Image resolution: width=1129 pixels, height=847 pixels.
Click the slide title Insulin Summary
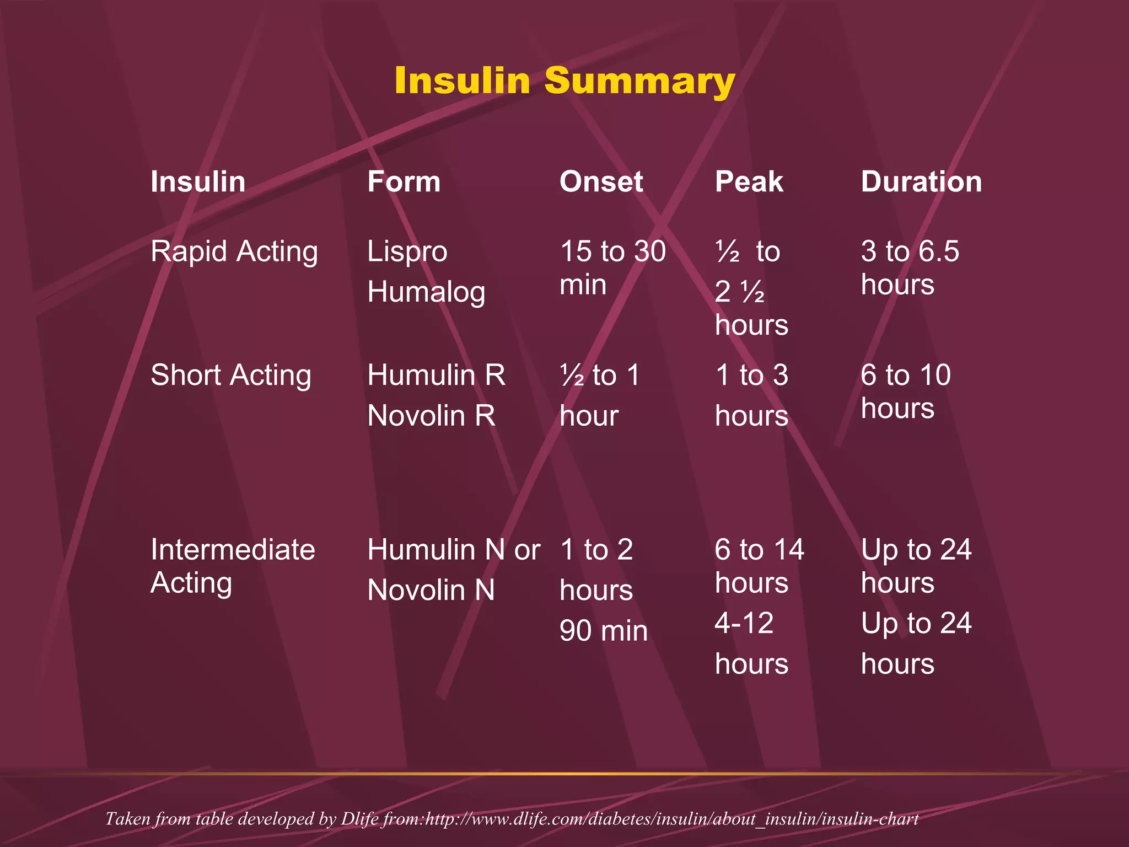point(564,81)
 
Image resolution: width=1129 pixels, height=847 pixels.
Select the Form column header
point(404,181)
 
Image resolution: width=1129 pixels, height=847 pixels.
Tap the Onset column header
point(601,181)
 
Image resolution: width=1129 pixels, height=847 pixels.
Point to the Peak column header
point(749,181)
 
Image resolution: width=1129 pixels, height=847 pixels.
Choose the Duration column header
point(921,181)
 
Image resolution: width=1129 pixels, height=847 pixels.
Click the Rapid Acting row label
point(234,251)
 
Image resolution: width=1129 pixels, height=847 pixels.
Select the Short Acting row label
point(231,375)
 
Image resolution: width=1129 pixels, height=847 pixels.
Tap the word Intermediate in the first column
point(233,550)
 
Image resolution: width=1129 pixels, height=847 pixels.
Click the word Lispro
point(407,251)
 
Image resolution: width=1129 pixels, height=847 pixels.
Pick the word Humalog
point(426,292)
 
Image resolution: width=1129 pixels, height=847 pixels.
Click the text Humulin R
point(436,375)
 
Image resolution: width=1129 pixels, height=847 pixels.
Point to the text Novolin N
point(431,590)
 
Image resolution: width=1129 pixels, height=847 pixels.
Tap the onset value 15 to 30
point(612,251)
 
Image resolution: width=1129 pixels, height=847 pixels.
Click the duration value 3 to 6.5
point(910,251)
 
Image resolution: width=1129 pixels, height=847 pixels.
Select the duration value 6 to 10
point(905,375)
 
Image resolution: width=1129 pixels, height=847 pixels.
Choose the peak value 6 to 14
point(759,550)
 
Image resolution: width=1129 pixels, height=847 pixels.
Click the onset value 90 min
point(603,630)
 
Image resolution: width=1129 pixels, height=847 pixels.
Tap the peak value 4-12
point(744,623)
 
